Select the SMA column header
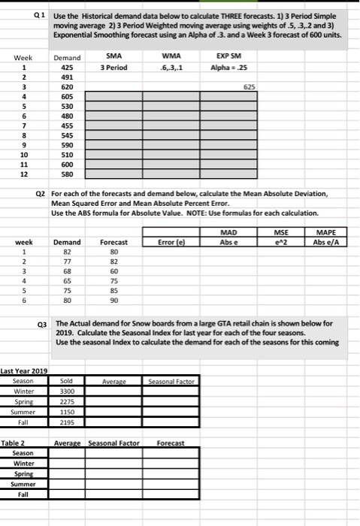click(113, 55)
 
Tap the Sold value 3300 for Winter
click(68, 391)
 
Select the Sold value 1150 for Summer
click(68, 413)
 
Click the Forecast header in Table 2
click(172, 443)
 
